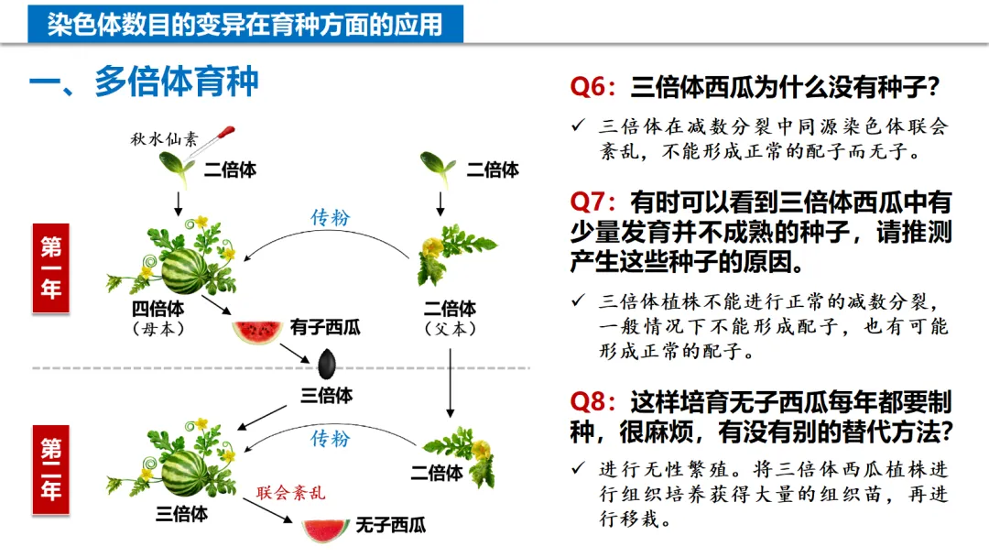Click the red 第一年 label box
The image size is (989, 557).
pos(51,268)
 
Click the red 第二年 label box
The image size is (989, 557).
pos(51,467)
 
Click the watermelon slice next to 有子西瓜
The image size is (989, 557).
pos(256,331)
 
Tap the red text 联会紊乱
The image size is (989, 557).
pos(290,493)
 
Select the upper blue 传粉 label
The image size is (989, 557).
pos(331,217)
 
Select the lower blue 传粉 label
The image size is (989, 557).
pos(331,438)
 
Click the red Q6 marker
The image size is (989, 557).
pos(595,88)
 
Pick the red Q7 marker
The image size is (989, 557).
pos(595,201)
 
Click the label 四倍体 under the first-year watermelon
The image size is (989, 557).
pos(158,308)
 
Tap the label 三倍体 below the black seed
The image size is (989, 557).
pos(327,395)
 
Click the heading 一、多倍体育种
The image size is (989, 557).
pos(145,82)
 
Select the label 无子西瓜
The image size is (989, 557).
pos(390,526)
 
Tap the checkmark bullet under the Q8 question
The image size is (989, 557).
pos(577,468)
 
